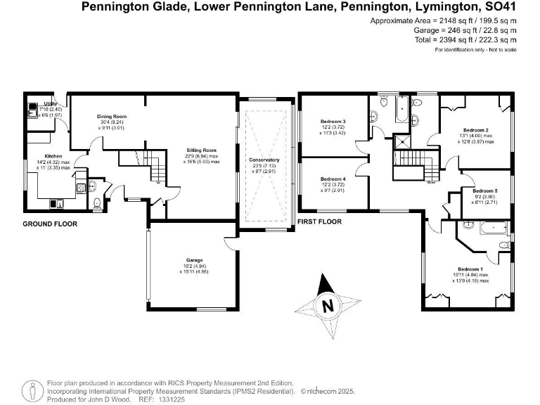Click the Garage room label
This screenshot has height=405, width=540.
pos(195,259)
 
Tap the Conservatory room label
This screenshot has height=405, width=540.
pos(264,160)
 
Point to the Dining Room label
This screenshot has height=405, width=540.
pos(111,116)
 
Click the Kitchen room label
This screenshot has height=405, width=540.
pos(54,155)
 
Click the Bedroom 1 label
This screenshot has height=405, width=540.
pos(470,269)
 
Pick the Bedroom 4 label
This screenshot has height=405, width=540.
pos(333,179)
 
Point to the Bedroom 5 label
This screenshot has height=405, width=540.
pos(484,191)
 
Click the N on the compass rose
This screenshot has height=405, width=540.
pos(326,306)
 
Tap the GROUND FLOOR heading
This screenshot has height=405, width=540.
pos(50,224)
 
